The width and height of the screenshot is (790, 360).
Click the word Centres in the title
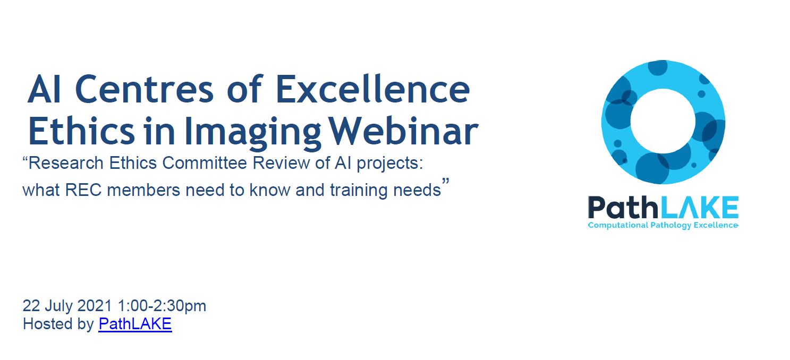click(x=145, y=90)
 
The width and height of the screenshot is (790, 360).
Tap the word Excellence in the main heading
click(x=372, y=89)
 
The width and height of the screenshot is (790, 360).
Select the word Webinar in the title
click(x=404, y=131)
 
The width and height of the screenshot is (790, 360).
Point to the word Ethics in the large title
click(x=81, y=131)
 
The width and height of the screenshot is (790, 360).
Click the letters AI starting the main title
click(x=45, y=90)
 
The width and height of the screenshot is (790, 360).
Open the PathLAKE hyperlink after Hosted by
click(x=135, y=324)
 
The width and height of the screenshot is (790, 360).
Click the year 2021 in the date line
click(x=94, y=305)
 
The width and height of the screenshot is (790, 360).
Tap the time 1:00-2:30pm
click(x=162, y=306)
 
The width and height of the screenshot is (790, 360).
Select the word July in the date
click(x=58, y=306)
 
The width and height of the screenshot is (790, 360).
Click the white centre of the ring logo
click(x=662, y=121)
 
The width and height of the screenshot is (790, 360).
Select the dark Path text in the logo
click(x=623, y=207)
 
